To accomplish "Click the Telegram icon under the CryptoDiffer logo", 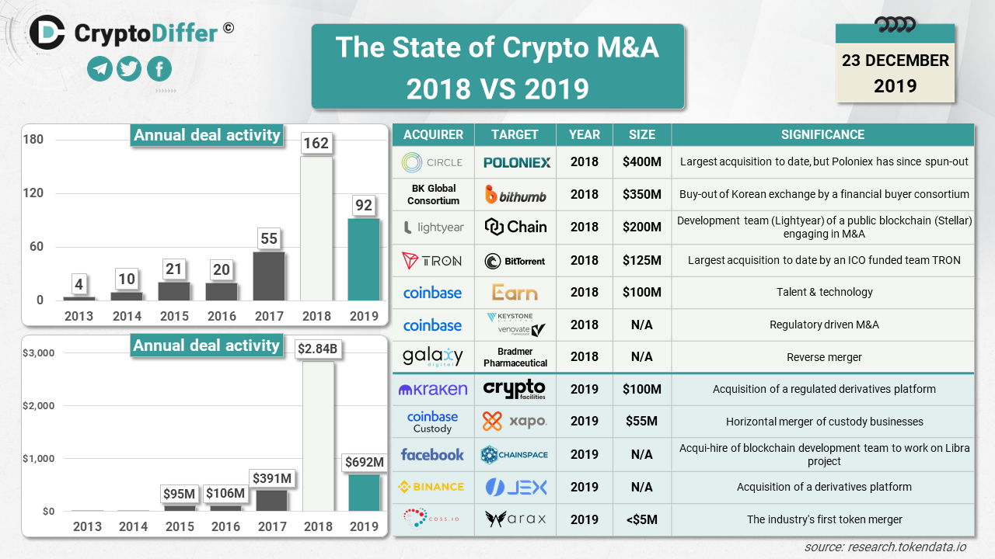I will [x=99, y=69].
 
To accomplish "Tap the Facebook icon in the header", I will [x=159, y=69].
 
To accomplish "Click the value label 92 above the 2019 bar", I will [x=363, y=207].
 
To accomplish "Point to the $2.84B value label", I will [x=317, y=349].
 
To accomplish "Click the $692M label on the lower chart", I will [x=364, y=463].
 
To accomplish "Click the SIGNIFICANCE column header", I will [x=822, y=134].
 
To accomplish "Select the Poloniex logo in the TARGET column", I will [x=516, y=162].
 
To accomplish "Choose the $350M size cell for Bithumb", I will [x=642, y=194].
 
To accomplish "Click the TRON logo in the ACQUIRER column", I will [x=432, y=261].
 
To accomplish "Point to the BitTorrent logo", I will [x=515, y=261].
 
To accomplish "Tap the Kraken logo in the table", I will [x=432, y=389].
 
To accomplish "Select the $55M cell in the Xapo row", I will [x=642, y=422].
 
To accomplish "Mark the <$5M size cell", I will [x=642, y=519].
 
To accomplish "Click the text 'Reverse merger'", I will [x=823, y=357].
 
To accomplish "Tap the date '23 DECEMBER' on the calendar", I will [x=895, y=61].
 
